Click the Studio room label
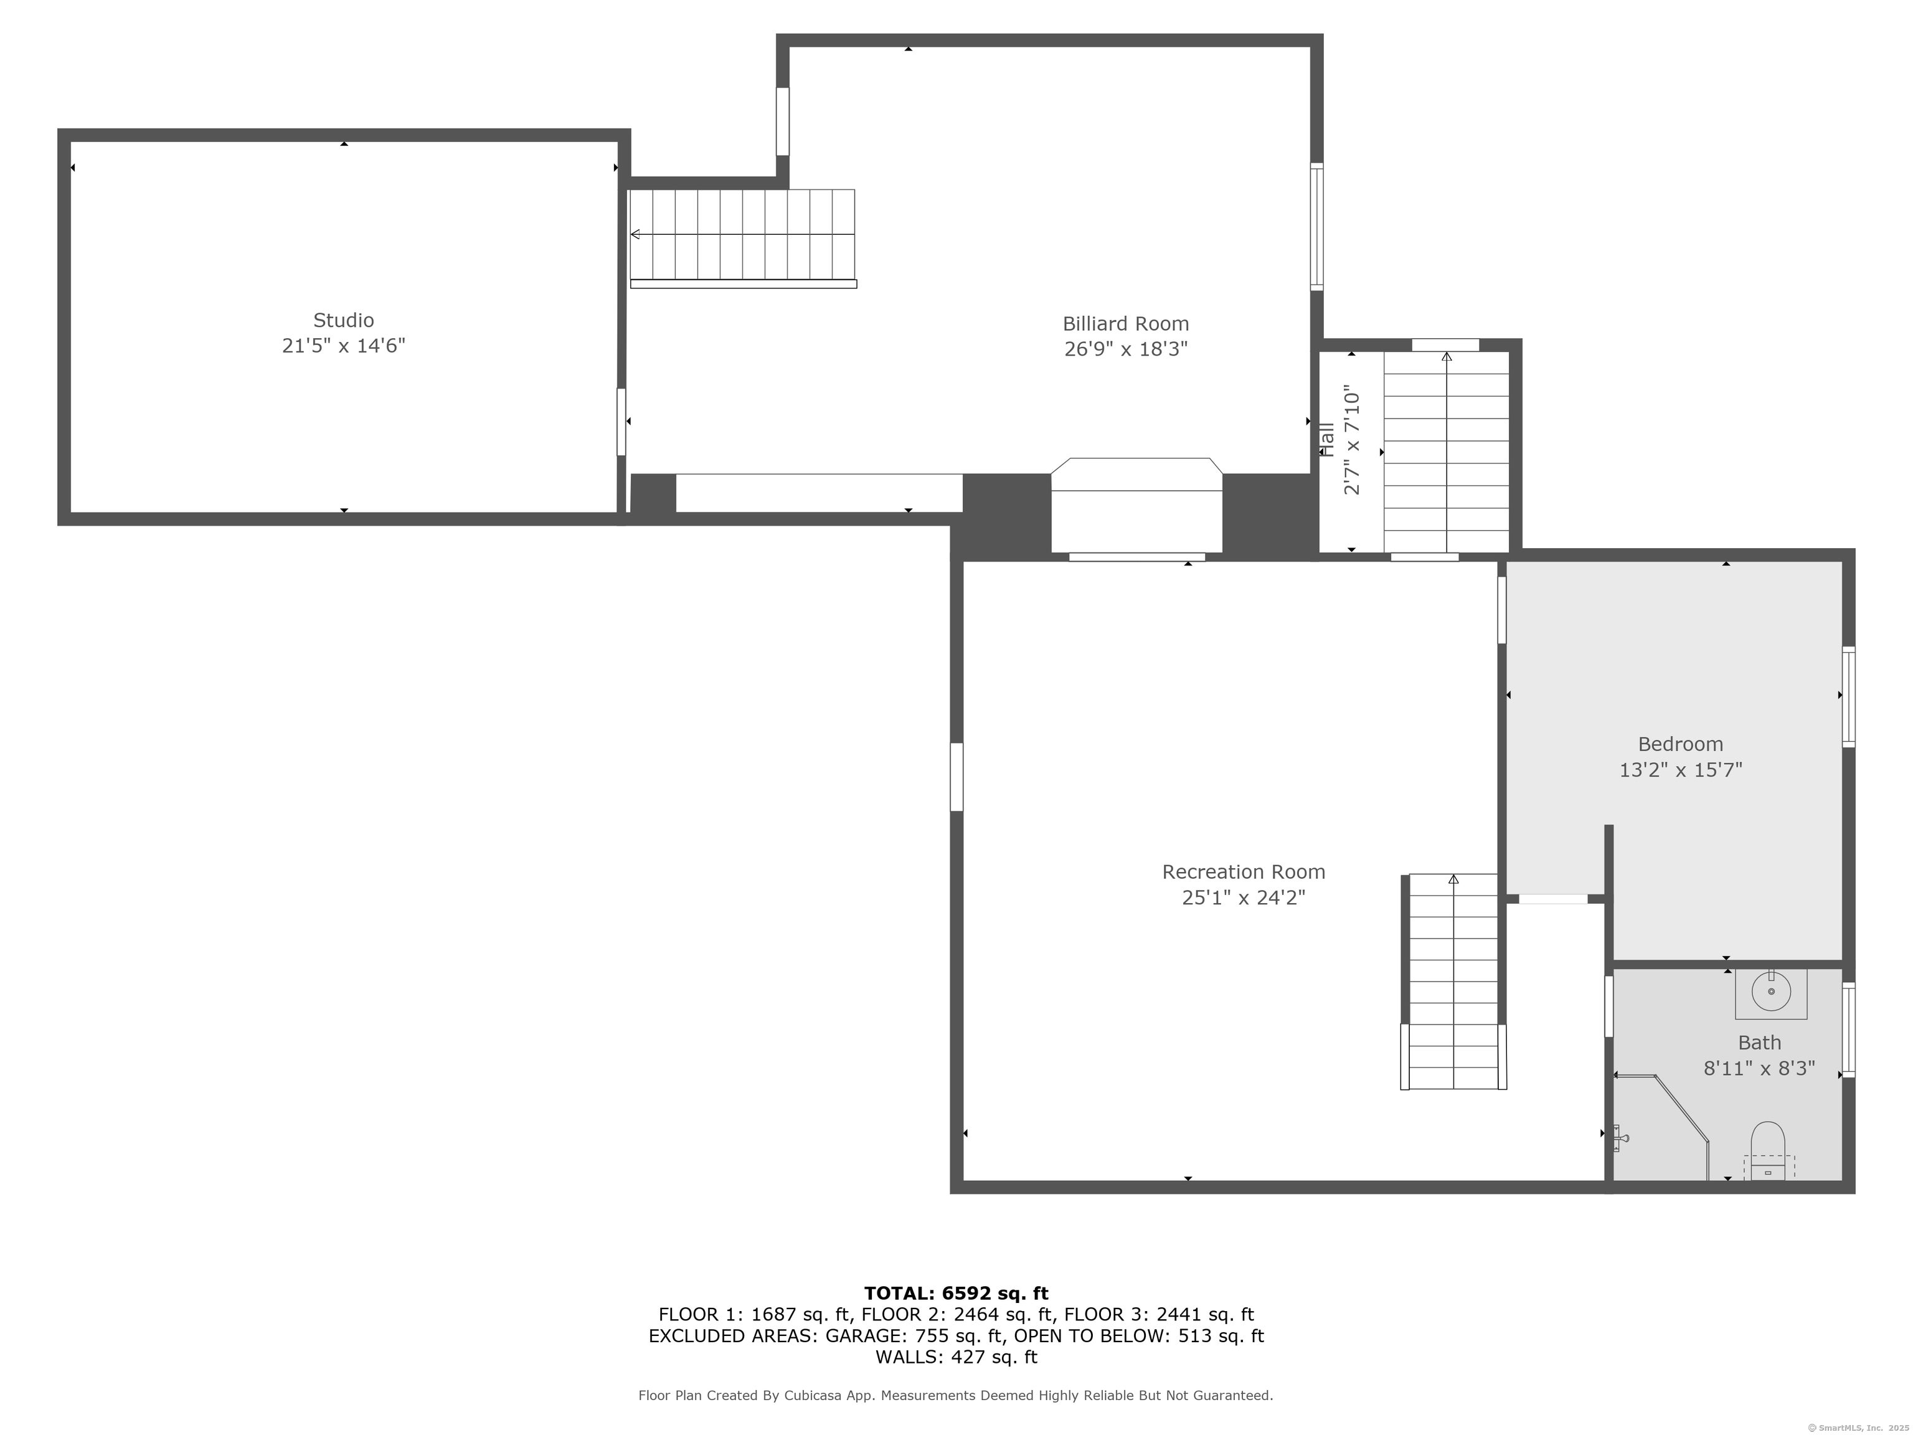343,320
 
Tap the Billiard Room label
1125,323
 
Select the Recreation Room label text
1243,872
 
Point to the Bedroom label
1679,744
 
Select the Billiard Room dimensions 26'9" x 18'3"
1125,349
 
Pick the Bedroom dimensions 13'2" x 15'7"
1679,770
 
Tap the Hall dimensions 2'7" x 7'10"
1352,443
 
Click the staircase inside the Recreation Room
1453,982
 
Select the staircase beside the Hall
1446,450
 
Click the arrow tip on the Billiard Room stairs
634,234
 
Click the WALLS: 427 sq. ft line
956,1357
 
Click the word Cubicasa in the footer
812,1395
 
